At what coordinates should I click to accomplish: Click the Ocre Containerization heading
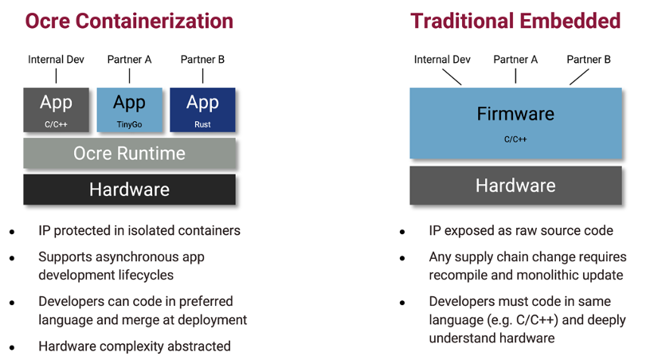click(x=129, y=21)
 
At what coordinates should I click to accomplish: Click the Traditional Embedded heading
click(x=515, y=21)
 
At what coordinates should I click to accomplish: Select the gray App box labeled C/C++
click(x=56, y=109)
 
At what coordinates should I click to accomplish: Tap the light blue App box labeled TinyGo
click(x=129, y=109)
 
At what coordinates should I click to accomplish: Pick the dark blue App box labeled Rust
click(x=202, y=109)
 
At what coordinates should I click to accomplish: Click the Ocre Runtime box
click(x=129, y=153)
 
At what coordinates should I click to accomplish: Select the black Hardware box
click(x=129, y=190)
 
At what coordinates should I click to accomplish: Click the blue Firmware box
click(x=515, y=123)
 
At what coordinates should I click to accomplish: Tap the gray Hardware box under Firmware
click(x=515, y=186)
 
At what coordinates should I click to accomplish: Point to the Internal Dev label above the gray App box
click(x=56, y=60)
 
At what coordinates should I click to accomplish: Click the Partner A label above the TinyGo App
click(x=129, y=60)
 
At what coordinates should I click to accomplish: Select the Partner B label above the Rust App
click(x=202, y=60)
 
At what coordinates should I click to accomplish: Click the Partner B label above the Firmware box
click(x=589, y=60)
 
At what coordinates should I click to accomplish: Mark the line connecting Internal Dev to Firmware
click(x=452, y=76)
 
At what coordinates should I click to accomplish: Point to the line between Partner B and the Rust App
click(x=202, y=76)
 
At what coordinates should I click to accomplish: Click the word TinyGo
click(x=129, y=124)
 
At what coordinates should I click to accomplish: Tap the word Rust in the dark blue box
click(x=202, y=124)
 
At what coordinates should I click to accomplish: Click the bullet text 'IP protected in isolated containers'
click(x=139, y=231)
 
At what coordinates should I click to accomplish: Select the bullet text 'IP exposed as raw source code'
click(x=521, y=231)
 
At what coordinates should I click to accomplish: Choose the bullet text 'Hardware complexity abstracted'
click(x=135, y=346)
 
